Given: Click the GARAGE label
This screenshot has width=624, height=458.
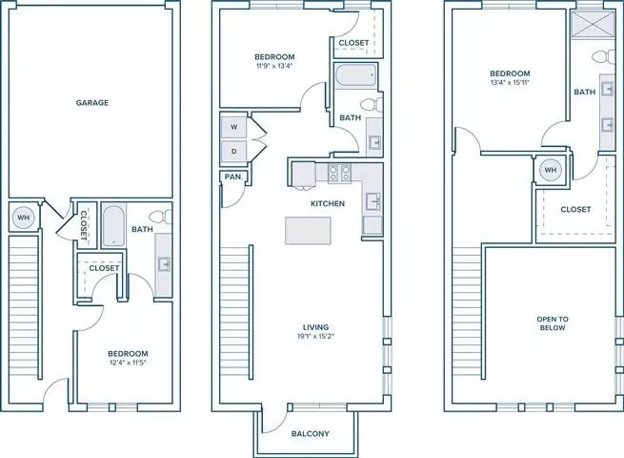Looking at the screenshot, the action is [x=91, y=103].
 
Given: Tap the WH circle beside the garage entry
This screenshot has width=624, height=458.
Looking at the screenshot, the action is [x=24, y=218].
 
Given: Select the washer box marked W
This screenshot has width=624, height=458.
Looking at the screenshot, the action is [x=233, y=127].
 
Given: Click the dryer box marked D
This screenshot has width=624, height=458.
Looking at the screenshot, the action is [x=233, y=152].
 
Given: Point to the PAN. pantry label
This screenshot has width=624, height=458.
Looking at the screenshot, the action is [x=233, y=177].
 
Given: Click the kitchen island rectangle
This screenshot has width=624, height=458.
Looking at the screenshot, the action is [x=308, y=230].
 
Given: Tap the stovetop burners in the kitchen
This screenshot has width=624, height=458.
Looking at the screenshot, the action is [x=339, y=174].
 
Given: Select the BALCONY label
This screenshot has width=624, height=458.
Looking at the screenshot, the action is [x=311, y=434].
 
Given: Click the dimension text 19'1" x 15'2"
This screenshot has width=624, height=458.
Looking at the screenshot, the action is [x=316, y=336].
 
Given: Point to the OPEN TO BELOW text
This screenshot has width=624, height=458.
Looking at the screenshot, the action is [x=553, y=323].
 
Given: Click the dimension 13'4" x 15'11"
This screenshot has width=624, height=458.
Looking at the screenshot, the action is [x=510, y=83].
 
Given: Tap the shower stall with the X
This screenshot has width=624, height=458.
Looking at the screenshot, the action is [x=593, y=25].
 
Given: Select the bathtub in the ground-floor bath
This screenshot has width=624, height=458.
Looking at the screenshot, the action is [x=113, y=226].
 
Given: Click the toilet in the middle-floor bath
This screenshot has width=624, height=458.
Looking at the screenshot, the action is [x=372, y=105].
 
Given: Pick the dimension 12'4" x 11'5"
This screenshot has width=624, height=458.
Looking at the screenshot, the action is [x=129, y=363].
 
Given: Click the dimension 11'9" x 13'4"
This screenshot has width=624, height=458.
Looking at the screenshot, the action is [x=274, y=66].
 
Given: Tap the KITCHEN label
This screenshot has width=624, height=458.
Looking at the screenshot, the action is [x=328, y=203].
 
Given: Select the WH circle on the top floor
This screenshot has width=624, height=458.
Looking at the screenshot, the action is [x=550, y=170].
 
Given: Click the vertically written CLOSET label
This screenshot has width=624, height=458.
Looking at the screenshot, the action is [x=84, y=225].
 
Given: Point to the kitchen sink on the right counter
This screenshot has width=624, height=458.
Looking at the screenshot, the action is [x=372, y=201].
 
